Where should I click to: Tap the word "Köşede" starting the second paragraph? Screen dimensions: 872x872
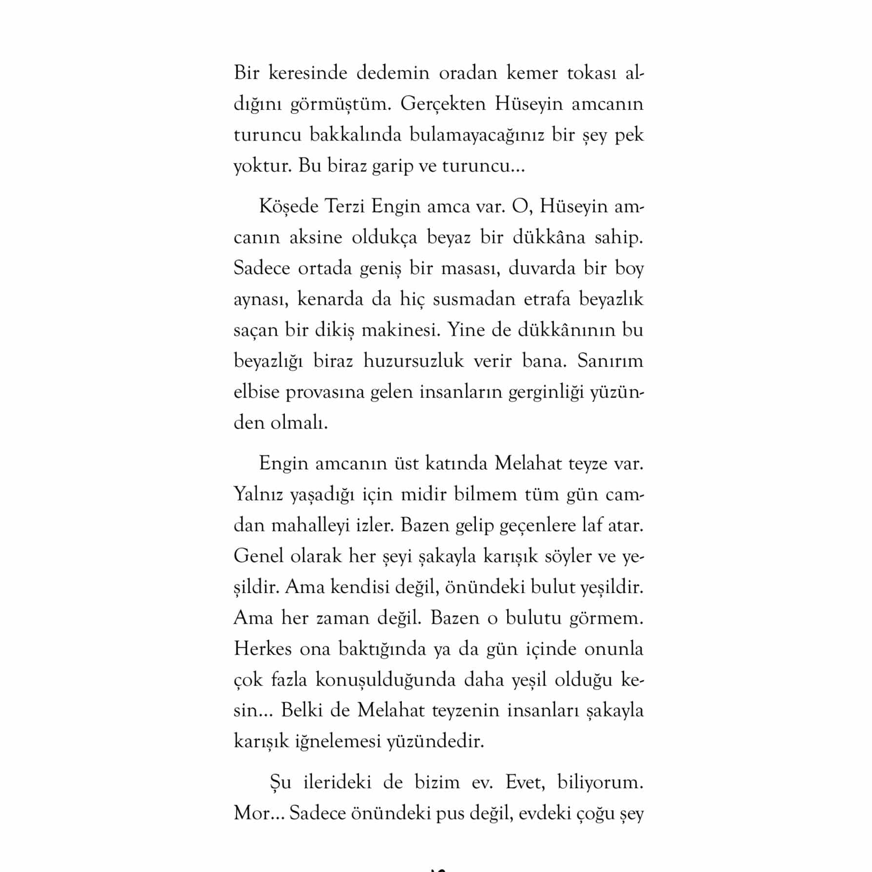pos(287,207)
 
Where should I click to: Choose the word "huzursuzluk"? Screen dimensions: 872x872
pos(414,361)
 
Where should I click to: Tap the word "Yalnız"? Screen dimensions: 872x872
pos(258,495)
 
